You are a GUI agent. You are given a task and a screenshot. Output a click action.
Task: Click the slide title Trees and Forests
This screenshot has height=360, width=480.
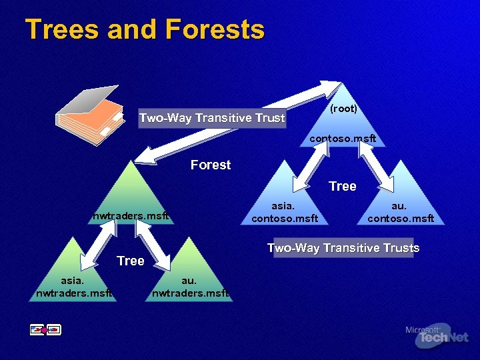145,30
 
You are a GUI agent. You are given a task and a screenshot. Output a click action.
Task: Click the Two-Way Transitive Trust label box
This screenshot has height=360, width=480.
212,118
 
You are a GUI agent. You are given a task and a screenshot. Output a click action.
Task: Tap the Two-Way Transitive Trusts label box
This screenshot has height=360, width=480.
343,248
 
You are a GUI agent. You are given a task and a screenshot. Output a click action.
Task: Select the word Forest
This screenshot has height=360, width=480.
211,165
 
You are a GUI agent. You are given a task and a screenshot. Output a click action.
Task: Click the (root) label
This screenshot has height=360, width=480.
344,109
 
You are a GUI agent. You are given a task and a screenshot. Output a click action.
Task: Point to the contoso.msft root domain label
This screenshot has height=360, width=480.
343,139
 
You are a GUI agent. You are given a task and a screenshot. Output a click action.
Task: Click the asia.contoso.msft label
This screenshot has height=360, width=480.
285,213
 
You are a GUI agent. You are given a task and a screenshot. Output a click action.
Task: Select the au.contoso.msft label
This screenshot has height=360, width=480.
401,213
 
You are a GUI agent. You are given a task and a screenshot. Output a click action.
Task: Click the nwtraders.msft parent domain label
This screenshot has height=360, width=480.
131,215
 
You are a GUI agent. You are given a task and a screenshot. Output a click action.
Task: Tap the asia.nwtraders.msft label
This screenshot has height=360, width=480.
73,286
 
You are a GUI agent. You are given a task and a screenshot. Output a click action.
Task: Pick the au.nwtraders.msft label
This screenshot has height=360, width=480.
190,286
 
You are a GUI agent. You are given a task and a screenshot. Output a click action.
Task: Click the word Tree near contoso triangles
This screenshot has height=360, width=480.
342,186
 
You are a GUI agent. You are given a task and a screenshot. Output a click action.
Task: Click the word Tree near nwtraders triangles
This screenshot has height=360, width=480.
130,261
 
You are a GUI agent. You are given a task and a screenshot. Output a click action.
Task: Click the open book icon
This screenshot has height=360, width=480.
90,113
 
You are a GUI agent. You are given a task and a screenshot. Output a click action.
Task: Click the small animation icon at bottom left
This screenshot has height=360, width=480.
45,329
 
